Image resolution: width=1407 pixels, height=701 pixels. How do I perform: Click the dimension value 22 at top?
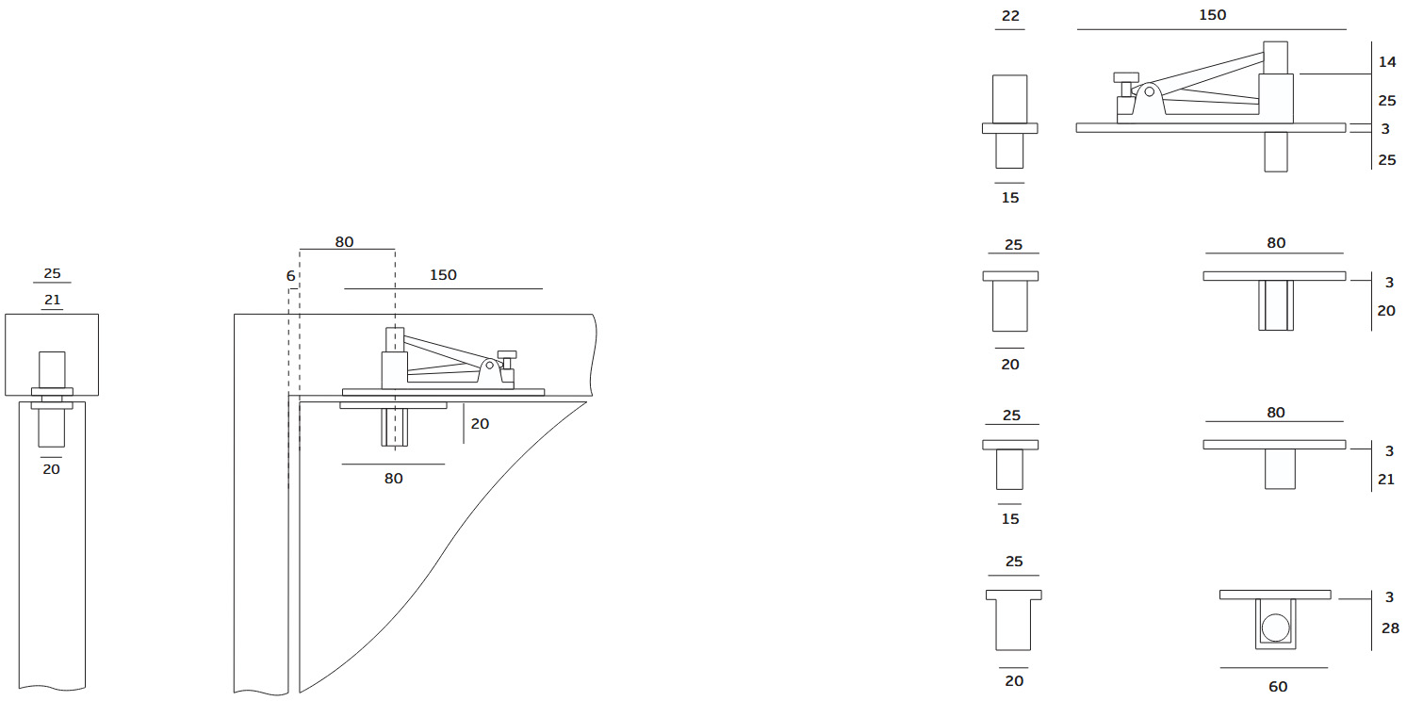coord(1009,16)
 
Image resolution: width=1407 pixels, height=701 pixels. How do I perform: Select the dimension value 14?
coord(1387,62)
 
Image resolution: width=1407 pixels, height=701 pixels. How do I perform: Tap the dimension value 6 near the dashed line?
coord(290,276)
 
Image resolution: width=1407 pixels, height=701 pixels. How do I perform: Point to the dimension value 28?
coord(1390,628)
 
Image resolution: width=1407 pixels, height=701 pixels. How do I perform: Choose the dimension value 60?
coord(1278,687)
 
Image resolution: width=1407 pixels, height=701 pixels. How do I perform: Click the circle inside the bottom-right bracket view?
coord(1275,628)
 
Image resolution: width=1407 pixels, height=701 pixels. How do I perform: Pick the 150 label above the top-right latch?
coord(1212,15)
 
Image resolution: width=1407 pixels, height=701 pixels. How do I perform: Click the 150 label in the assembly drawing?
coord(443,275)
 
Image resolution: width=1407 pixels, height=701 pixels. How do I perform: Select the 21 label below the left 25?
coord(52,300)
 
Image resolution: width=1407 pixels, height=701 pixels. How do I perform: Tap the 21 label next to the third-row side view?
coord(1386,480)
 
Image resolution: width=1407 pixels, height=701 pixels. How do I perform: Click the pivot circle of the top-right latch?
coord(1150,91)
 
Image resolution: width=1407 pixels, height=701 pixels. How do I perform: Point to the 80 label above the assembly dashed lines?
coord(344,242)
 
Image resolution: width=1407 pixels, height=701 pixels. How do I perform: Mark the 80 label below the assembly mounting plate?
coord(393,479)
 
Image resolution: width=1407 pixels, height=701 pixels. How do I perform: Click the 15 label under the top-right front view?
coord(1010,198)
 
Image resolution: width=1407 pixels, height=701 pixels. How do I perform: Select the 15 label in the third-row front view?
coord(1010,519)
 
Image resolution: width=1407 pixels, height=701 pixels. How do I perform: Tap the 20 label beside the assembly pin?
coord(480,424)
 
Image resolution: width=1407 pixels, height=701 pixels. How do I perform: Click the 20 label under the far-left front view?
coord(52,468)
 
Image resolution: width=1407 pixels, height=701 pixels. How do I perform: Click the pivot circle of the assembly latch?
coord(489,365)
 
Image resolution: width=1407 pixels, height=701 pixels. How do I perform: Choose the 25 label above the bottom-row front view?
coord(1014,562)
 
